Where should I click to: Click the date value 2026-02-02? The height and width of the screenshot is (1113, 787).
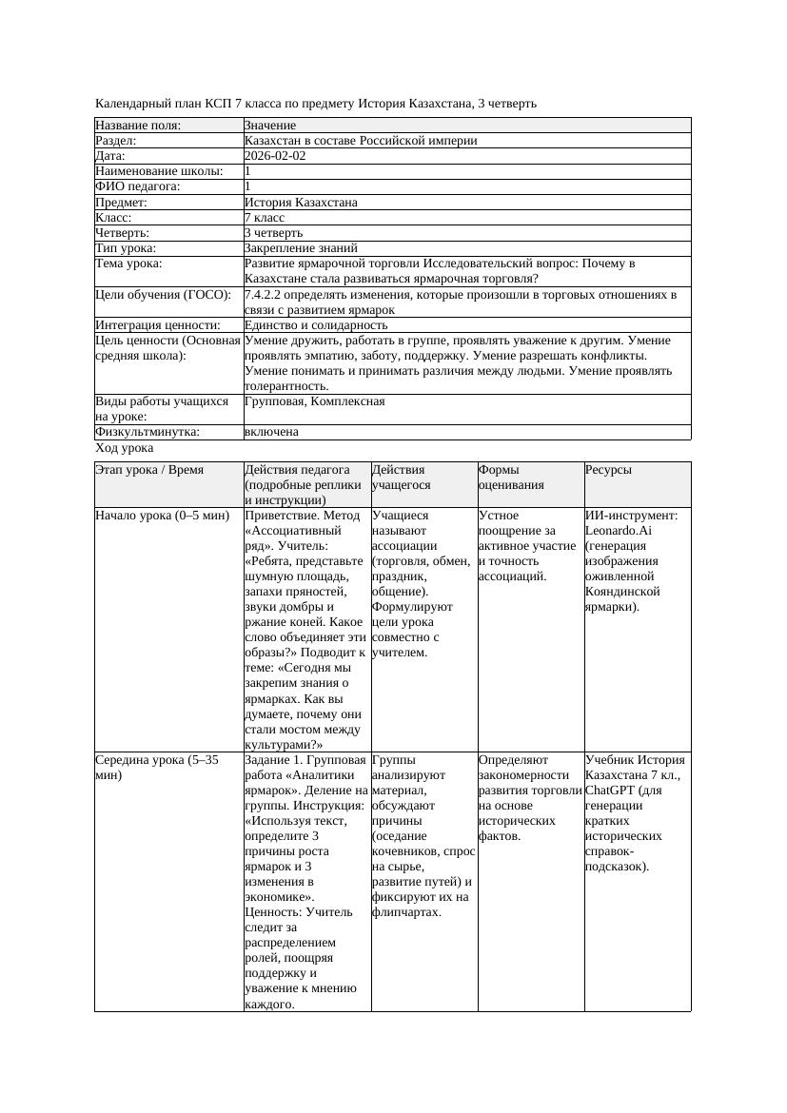(x=275, y=156)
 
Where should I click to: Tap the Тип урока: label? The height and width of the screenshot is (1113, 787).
(x=126, y=248)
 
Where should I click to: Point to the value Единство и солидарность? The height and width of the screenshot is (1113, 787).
(x=316, y=325)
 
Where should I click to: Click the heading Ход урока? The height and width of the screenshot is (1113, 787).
(x=125, y=448)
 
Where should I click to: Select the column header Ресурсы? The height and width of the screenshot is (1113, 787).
(x=608, y=470)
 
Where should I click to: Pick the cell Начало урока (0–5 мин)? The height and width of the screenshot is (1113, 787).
(x=163, y=516)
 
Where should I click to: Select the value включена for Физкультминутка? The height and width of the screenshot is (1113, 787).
(x=271, y=432)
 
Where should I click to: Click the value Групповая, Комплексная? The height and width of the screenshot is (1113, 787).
(x=314, y=401)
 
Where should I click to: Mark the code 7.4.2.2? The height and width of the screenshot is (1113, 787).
(x=264, y=295)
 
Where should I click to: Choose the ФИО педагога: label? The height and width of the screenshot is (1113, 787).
(x=138, y=186)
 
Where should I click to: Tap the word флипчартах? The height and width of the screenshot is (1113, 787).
(x=404, y=912)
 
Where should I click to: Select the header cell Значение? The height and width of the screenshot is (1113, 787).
(x=270, y=126)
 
